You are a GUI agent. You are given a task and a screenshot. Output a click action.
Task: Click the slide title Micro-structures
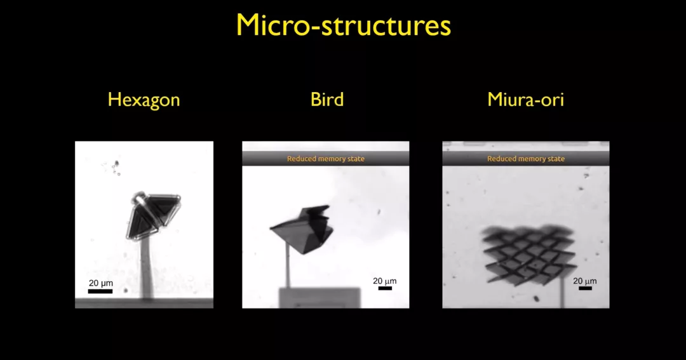coord(343,25)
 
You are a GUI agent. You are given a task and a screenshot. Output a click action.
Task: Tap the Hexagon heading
coord(144,100)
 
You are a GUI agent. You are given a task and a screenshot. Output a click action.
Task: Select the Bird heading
coord(326,100)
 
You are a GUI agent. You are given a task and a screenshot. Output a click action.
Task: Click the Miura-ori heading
coord(525,100)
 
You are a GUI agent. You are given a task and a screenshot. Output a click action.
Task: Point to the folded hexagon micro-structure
coord(152,215)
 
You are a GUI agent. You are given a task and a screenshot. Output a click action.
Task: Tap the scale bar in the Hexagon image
coord(100,291)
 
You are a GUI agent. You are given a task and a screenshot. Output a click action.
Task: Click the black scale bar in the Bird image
coord(385,288)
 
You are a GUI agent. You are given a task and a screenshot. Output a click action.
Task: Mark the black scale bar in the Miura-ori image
coord(585,288)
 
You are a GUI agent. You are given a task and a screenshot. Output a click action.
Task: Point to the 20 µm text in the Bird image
coord(385,281)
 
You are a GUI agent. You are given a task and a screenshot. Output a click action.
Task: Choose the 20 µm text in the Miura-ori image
coord(585,281)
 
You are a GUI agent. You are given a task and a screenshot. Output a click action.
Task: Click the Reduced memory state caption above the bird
coord(326,159)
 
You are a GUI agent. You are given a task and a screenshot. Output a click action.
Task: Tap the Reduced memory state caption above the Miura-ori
coord(526,159)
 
